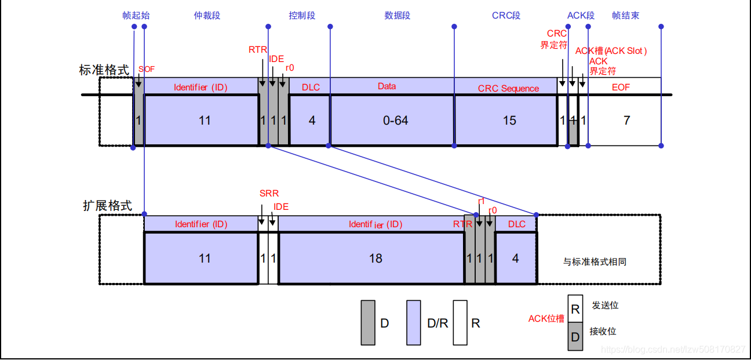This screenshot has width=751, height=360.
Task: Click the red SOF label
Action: click(147, 69)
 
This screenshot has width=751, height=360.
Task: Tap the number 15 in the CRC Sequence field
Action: click(509, 121)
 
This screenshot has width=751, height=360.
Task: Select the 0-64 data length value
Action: click(396, 121)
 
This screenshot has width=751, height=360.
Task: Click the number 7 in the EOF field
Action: click(626, 121)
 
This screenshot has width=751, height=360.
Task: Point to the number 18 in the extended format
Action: click(375, 258)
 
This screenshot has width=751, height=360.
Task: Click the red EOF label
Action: click(621, 87)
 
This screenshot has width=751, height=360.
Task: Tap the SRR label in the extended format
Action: click(269, 194)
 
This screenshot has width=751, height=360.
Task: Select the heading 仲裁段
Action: click(207, 16)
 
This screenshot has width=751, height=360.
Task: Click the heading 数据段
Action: click(397, 16)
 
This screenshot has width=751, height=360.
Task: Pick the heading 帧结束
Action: click(625, 16)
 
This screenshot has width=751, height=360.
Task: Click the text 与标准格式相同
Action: click(595, 262)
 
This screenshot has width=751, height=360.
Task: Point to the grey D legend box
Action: click(367, 322)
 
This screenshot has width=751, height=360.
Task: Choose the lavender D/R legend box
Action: click(413, 322)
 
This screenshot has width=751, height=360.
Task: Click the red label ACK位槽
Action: click(546, 319)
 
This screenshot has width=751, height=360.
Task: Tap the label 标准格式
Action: click(104, 70)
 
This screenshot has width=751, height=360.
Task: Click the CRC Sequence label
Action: click(508, 89)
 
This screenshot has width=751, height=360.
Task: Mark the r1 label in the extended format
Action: click(481, 201)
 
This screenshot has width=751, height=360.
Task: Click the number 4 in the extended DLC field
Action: click(516, 258)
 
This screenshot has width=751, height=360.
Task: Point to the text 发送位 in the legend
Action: click(604, 306)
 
